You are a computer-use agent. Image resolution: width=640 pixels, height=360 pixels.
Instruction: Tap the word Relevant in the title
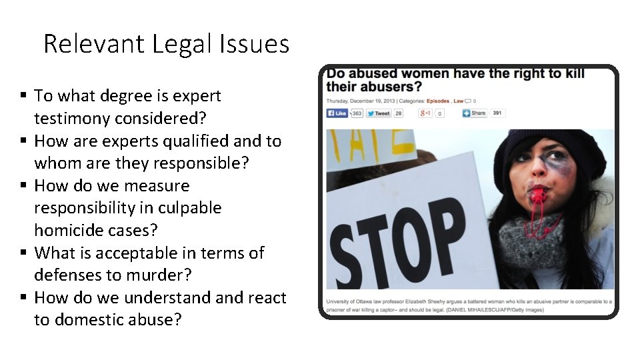point(94,45)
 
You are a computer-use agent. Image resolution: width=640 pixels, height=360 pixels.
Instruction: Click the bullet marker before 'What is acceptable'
point(24,253)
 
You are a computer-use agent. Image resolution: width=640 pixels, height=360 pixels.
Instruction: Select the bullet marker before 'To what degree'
point(24,96)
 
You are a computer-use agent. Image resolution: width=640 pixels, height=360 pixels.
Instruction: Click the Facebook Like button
point(337,113)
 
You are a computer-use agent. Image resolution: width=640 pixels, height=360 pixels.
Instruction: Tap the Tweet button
point(379,113)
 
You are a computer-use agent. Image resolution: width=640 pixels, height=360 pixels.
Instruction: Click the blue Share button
point(475,113)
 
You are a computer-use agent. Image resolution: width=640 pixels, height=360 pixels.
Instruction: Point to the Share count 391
point(497,113)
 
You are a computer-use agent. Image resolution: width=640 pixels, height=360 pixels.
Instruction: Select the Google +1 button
point(425,113)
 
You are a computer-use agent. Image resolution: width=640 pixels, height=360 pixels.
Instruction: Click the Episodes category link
point(439,101)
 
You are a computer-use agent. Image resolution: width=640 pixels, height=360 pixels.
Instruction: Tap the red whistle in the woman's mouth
point(536,195)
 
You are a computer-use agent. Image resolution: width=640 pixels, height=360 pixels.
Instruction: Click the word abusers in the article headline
point(388,87)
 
